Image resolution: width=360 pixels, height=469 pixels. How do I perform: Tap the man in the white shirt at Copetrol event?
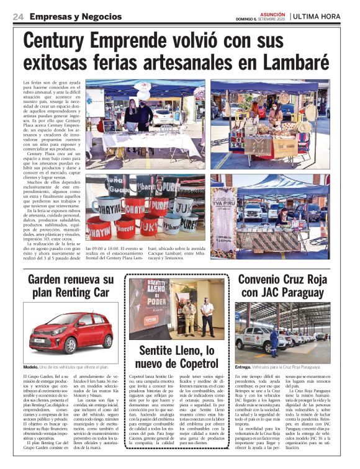tap(207, 316)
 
